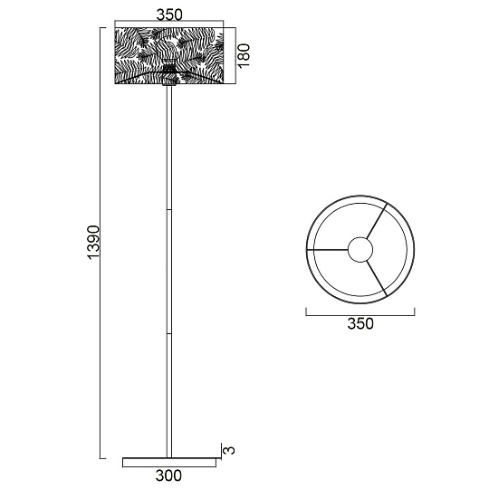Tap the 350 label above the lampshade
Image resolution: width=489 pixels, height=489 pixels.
tap(169, 14)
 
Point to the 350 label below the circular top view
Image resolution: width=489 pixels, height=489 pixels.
tap(360, 323)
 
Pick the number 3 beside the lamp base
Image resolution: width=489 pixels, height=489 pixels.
tap(231, 449)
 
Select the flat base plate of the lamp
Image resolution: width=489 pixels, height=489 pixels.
tap(169, 461)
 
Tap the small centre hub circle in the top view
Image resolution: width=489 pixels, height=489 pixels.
tap(360, 248)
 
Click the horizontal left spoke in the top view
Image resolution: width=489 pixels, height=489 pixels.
tap(327, 248)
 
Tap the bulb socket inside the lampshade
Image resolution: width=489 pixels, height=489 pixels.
tap(169, 68)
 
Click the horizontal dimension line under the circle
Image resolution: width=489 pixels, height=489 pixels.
tap(360, 313)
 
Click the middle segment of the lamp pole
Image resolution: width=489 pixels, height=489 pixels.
tap(169, 272)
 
